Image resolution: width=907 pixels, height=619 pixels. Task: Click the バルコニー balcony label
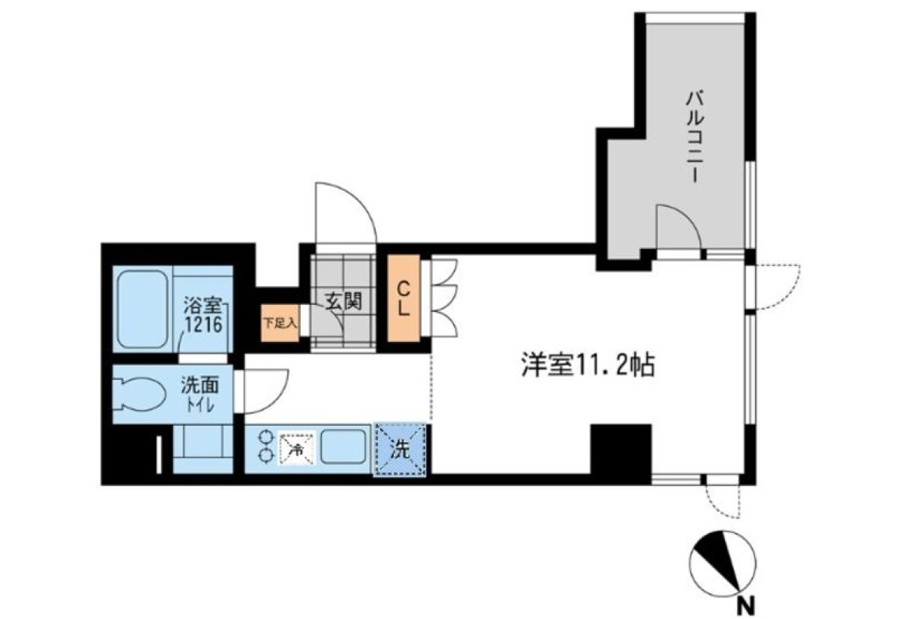tap(695, 138)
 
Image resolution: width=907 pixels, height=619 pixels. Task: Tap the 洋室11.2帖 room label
tap(588, 365)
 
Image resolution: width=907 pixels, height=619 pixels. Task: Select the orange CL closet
tap(404, 298)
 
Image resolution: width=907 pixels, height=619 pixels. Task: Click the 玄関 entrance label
tap(344, 301)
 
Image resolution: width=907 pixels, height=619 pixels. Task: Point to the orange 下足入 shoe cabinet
tap(280, 323)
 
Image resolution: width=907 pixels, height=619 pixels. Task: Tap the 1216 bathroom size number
tap(203, 325)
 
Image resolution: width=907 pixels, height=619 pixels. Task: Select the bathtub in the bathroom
tap(143, 309)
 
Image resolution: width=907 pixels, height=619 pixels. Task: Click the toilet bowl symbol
tap(139, 394)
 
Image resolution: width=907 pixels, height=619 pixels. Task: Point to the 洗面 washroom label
tap(200, 385)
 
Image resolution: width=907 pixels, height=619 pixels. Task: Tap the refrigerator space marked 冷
tap(297, 450)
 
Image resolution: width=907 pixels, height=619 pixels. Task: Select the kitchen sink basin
tap(343, 446)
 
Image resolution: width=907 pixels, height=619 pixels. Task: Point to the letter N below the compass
tap(745, 606)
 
